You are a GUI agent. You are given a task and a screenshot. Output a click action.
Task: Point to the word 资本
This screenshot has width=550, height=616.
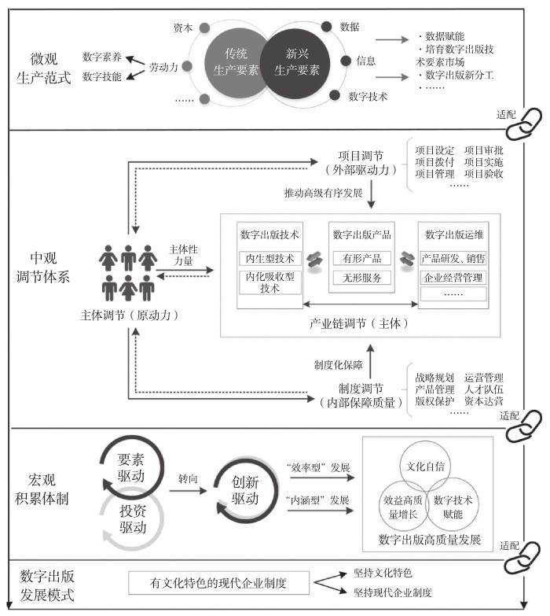click(183, 28)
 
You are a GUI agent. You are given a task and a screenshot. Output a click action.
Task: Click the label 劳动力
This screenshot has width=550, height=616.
click(163, 68)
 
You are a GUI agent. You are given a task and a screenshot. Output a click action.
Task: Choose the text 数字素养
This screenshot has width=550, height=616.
click(101, 57)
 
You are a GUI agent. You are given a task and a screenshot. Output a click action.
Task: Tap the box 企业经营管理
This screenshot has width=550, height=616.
click(453, 278)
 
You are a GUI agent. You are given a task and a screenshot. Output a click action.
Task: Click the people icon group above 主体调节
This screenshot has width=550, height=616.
click(129, 272)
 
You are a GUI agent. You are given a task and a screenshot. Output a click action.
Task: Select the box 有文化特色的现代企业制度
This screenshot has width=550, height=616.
click(218, 583)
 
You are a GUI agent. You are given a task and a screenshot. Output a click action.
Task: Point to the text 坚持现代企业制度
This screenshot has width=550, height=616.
click(392, 592)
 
